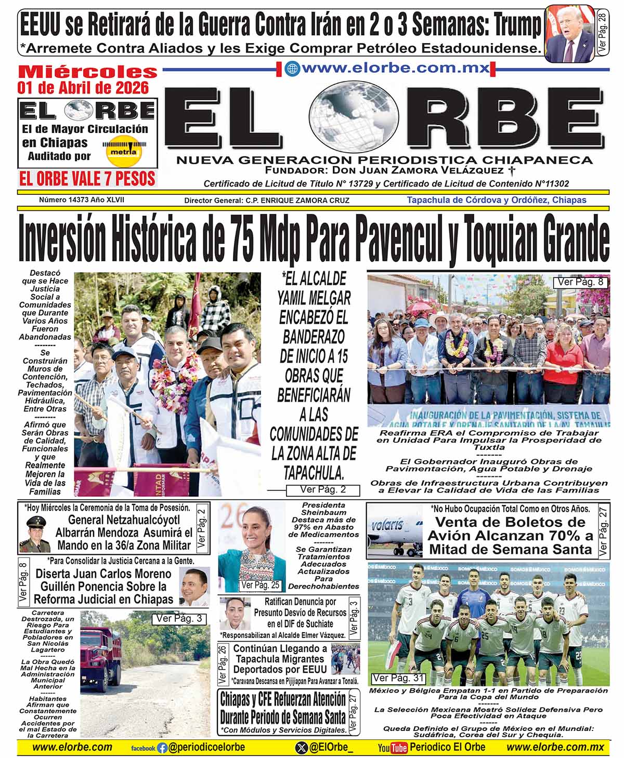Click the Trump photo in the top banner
569,33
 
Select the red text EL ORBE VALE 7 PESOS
87,179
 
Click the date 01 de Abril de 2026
83,87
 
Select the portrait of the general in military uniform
35,535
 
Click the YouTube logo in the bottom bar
392,748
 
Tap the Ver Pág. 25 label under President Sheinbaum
261,585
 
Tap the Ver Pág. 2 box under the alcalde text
322,489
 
